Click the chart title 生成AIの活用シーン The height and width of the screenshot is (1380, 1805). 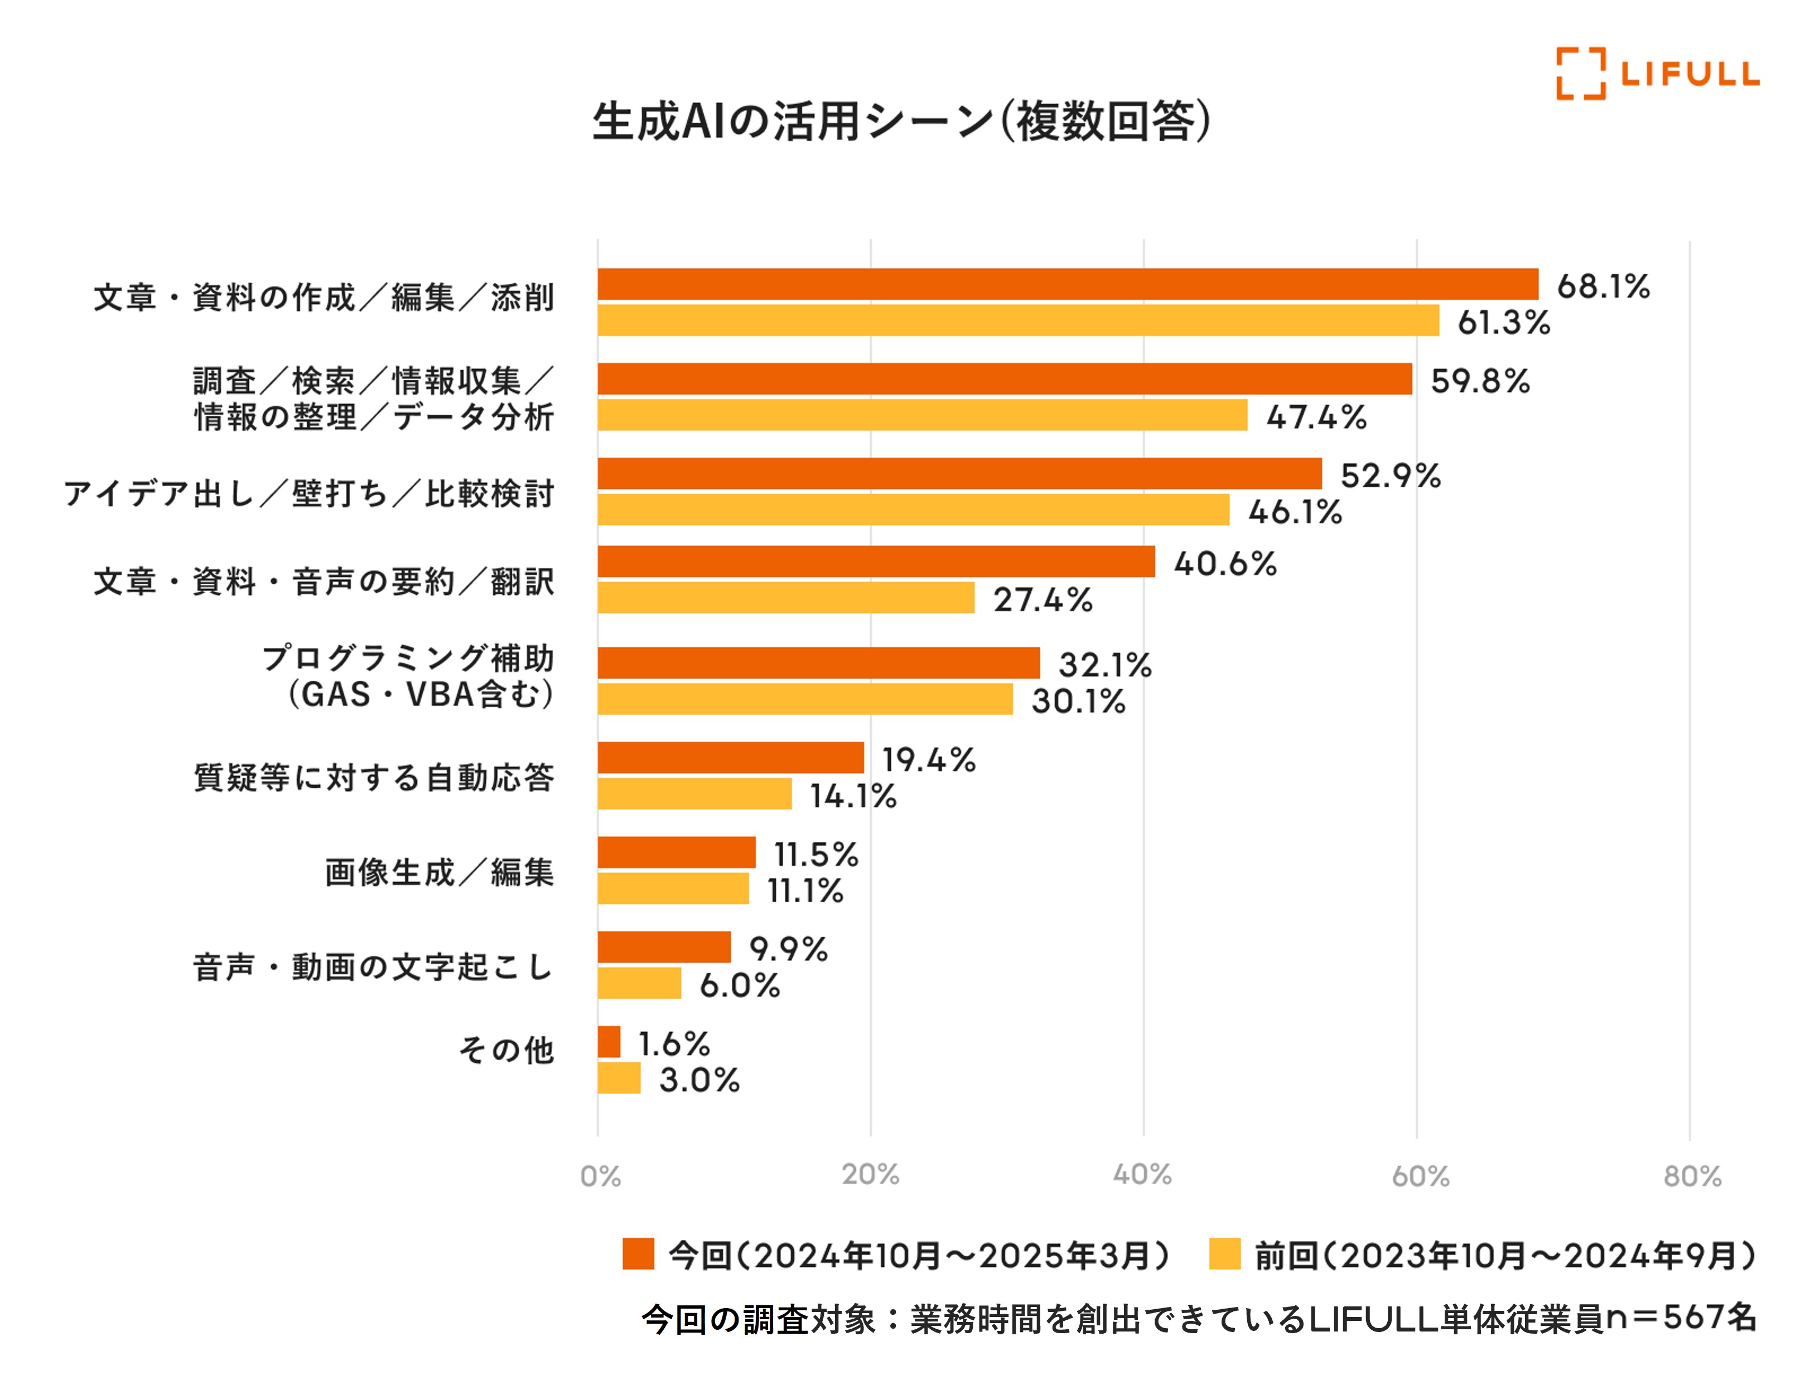[901, 122]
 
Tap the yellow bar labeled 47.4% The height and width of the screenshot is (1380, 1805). [922, 415]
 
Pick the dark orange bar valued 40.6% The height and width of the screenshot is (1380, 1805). [876, 562]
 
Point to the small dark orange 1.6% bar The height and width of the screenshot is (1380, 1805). [609, 1042]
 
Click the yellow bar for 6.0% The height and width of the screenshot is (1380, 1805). [639, 983]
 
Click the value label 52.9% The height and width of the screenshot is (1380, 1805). [1390, 476]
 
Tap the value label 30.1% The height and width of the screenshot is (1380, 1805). [1078, 701]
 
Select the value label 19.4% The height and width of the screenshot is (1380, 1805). [928, 760]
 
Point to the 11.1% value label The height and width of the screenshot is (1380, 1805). [805, 891]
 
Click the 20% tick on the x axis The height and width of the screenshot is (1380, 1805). [870, 1175]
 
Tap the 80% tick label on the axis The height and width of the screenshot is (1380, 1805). [1692, 1176]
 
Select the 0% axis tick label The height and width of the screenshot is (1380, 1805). [600, 1176]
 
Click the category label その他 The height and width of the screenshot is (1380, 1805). [506, 1050]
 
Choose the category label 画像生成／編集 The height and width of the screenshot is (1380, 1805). [440, 873]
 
